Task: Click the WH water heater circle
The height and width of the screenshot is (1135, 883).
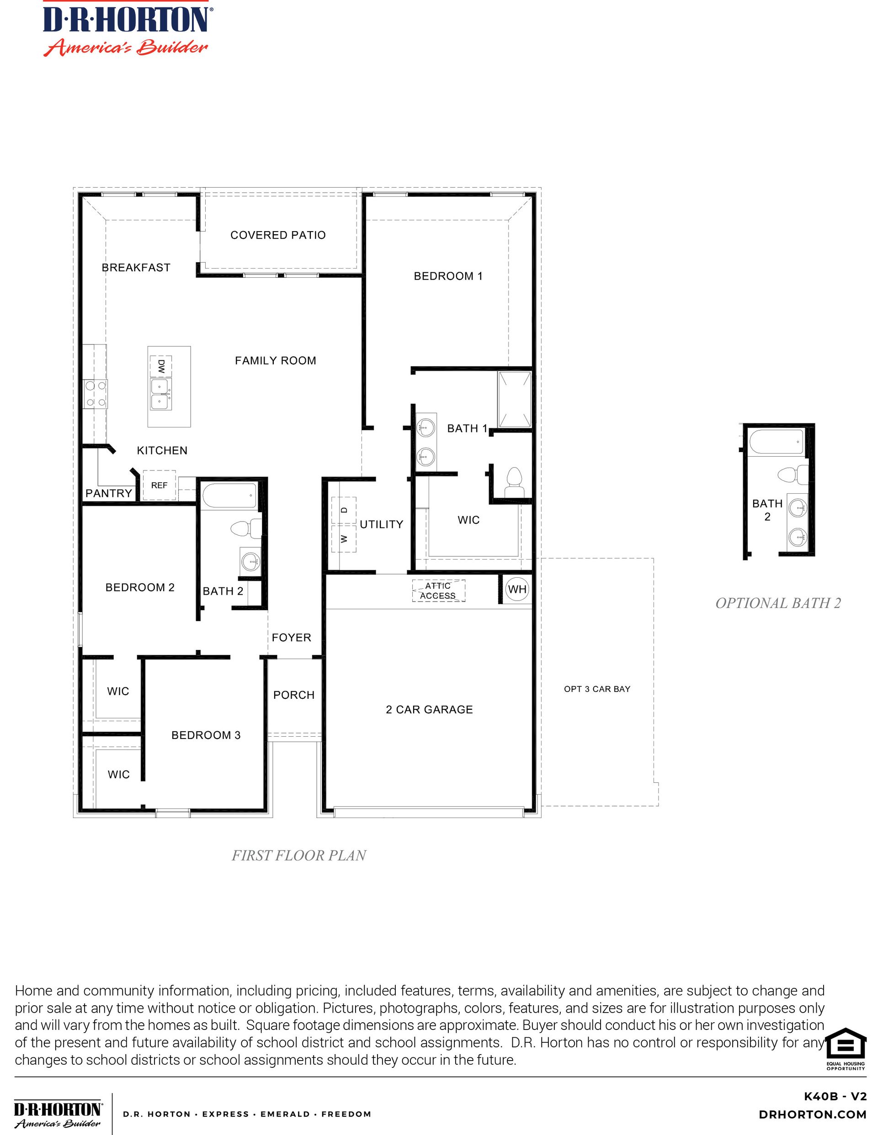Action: (517, 589)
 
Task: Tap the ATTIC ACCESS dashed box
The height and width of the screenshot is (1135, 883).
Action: (438, 591)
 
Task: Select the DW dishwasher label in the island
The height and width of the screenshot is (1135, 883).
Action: (161, 366)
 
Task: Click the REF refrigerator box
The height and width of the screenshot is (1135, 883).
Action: (159, 486)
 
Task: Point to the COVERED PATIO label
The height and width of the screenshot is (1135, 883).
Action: (278, 235)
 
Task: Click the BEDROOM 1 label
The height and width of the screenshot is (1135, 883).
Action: (448, 276)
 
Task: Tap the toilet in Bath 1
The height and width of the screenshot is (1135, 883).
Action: (514, 482)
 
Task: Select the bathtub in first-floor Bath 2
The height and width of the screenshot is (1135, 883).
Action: (229, 496)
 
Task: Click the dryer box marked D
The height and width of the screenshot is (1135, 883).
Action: (344, 510)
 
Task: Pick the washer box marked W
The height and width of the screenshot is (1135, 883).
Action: (344, 539)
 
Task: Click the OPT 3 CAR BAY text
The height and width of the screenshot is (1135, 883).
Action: (597, 689)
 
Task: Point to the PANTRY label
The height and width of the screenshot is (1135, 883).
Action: (109, 493)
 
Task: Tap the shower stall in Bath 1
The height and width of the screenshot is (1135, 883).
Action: (514, 399)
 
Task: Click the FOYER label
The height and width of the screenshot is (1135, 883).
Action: (291, 638)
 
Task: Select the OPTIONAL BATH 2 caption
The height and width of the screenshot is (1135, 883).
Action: (778, 603)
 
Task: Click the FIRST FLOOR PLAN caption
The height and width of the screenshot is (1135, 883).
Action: (298, 855)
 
